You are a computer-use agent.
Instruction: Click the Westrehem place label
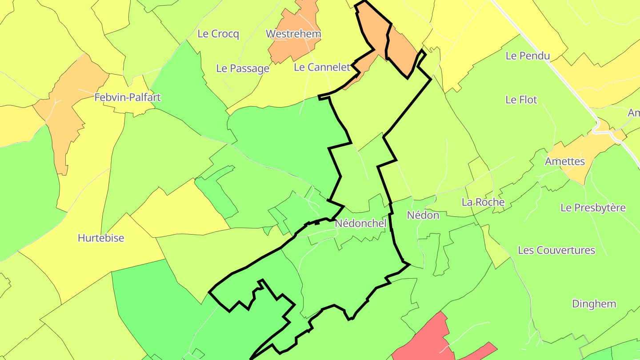click(293, 34)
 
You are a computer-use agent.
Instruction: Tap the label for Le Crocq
click(218, 34)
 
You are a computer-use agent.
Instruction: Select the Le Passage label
click(243, 68)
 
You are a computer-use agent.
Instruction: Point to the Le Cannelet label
click(322, 67)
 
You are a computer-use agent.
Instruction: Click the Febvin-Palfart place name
click(128, 97)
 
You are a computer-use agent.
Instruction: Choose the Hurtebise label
click(101, 238)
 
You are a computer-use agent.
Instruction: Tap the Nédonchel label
click(360, 223)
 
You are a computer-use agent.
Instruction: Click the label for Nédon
click(423, 216)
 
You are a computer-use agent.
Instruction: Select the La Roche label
click(483, 202)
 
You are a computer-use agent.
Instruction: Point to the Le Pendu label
click(528, 56)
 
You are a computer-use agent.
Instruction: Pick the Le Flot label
click(521, 100)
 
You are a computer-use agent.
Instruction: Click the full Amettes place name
click(565, 161)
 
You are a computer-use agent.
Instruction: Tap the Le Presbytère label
click(593, 208)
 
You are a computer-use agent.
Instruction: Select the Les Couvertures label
click(556, 250)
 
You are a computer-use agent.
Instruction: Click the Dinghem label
click(594, 304)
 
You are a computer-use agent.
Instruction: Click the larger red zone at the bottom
click(424, 340)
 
